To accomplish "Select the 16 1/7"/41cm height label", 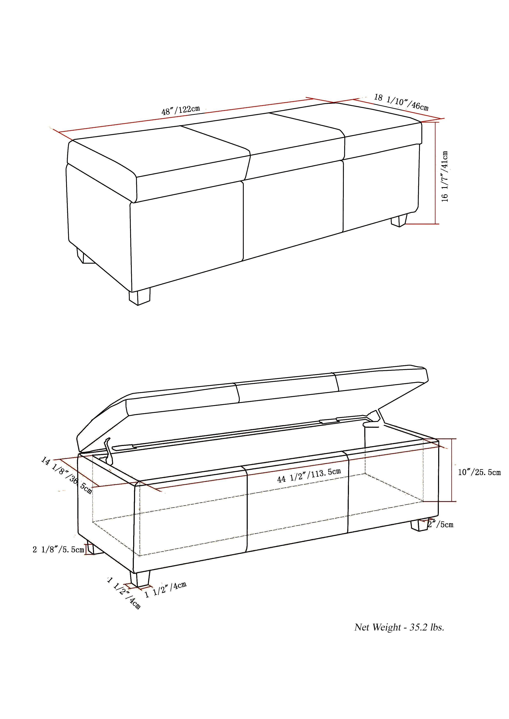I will pyautogui.click(x=445, y=176).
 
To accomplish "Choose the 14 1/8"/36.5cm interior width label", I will pyautogui.click(x=66, y=475).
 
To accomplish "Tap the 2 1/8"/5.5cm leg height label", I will pyautogui.click(x=58, y=549).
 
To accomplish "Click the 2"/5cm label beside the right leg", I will pyautogui.click(x=441, y=524).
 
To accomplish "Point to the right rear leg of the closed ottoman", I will pyautogui.click(x=399, y=220).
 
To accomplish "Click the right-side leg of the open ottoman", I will pyautogui.click(x=418, y=525).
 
